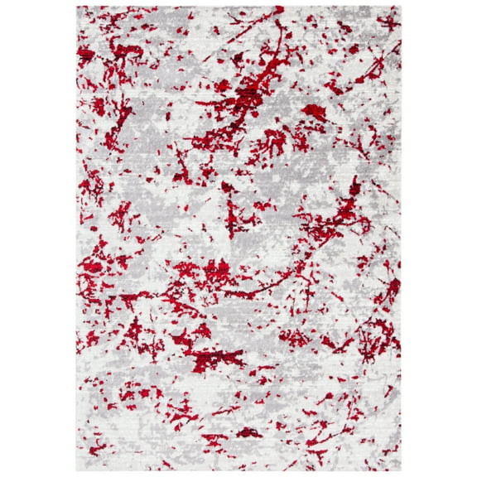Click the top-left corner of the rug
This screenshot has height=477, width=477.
coord(78,7)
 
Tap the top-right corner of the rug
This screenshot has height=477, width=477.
coord(400,7)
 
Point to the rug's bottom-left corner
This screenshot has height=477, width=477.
coord(78,470)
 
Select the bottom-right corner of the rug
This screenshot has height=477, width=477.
coord(400,470)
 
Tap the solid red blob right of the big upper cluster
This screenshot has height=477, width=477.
coord(314,109)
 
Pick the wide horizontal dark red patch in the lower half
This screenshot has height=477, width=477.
coord(217,357)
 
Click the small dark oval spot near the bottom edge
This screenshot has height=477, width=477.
coord(246,432)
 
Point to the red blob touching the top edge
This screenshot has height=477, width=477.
coord(279,10)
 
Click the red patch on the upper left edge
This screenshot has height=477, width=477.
coord(86,55)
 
